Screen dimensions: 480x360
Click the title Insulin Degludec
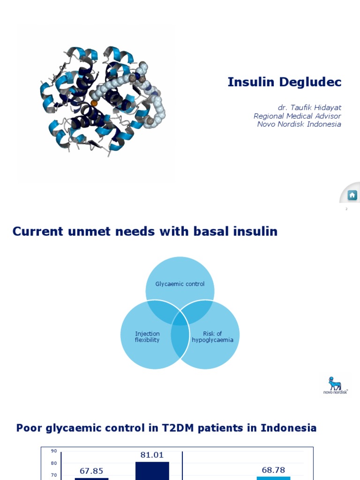284,82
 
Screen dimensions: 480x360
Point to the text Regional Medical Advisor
297,116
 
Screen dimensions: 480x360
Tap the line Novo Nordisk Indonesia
299,124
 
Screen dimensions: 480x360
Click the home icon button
352,195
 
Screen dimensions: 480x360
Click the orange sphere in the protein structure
94,103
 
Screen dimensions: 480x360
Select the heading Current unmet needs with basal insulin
145,231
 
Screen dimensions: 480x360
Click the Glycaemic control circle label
180,284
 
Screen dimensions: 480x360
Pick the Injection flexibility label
147,337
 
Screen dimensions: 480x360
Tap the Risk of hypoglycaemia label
212,337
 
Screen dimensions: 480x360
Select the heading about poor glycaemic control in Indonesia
166,428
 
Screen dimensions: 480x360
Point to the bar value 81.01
152,455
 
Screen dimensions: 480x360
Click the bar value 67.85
91,471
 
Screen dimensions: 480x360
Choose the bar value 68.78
273,469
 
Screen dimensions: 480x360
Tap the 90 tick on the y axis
54,451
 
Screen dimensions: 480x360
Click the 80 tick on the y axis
54,463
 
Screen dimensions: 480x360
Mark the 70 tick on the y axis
54,475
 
